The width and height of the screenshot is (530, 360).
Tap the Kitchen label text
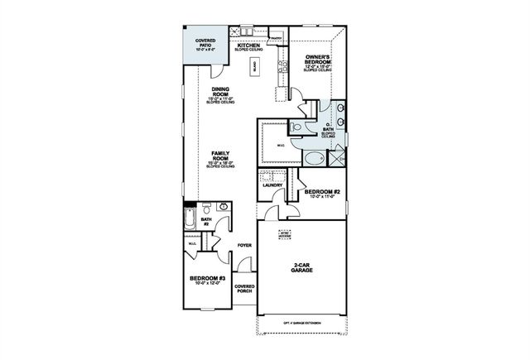coord(249,46)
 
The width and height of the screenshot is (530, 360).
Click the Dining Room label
coord(220,96)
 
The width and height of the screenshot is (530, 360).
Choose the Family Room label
coord(220,157)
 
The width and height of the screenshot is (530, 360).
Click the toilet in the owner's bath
coord(296,127)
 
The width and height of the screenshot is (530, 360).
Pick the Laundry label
coord(272,185)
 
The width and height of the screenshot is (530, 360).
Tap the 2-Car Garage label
coord(301,268)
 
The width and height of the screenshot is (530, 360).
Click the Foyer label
coord(244,245)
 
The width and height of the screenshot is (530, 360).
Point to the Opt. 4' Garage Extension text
coord(301,322)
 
